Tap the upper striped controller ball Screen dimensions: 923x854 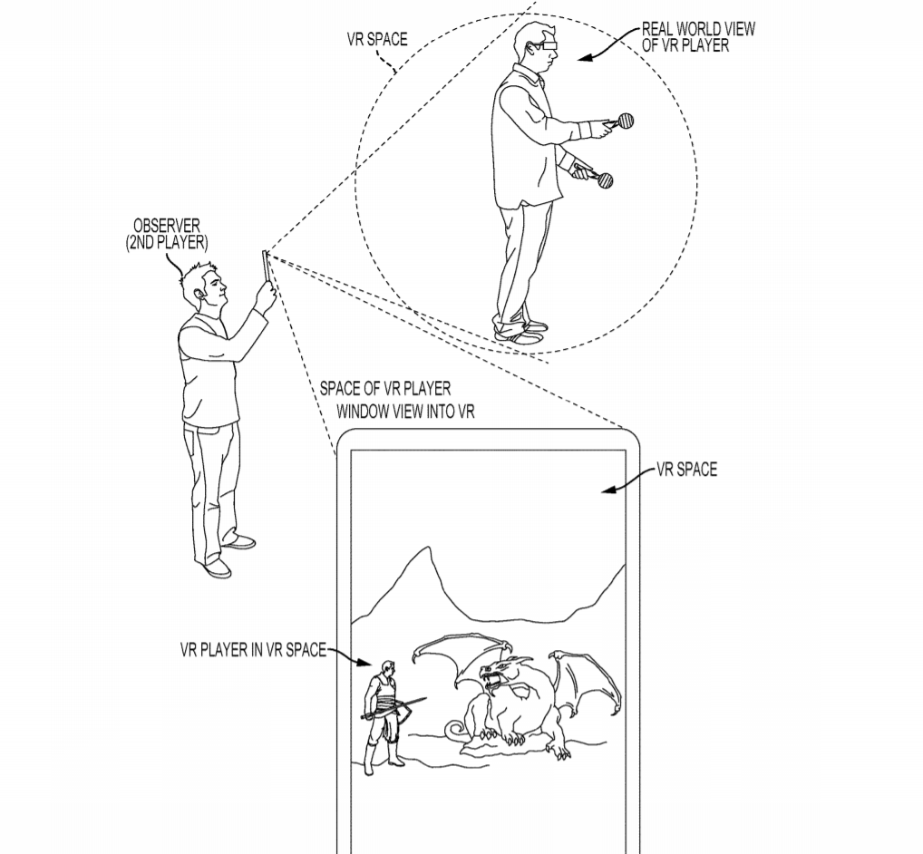[626, 121]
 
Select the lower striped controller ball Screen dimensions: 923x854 [605, 180]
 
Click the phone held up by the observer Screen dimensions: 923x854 [265, 267]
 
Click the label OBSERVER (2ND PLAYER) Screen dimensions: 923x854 [167, 234]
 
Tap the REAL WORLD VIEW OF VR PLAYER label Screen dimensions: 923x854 [698, 37]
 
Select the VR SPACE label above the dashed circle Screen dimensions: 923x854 [377, 39]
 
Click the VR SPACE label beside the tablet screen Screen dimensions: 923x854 [687, 470]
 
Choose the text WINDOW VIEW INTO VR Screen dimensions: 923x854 [405, 412]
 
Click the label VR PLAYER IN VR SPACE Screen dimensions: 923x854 [253, 650]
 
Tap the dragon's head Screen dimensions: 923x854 [498, 671]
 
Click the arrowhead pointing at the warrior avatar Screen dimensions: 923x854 [366, 663]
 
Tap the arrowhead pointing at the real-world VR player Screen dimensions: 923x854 [584, 58]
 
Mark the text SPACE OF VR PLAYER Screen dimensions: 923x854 [385, 388]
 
